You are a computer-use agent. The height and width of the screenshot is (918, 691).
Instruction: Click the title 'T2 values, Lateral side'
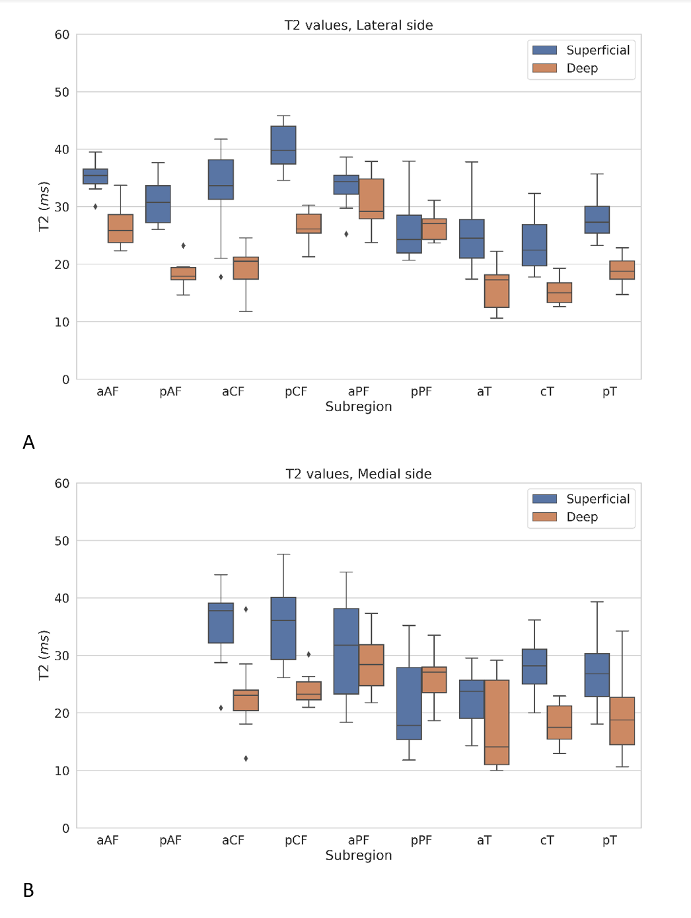359,25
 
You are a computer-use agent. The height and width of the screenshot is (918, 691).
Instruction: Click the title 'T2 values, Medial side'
359,474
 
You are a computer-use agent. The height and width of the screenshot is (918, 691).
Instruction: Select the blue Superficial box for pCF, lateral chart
283,145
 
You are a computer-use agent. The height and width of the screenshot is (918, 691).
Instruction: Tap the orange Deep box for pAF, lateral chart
183,274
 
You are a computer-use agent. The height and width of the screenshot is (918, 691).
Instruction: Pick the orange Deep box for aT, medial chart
497,722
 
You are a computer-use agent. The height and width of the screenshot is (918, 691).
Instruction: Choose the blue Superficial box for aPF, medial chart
346,651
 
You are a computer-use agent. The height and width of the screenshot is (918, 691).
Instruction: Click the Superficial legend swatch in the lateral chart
545,50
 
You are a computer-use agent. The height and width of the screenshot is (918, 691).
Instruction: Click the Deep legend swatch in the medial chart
545,517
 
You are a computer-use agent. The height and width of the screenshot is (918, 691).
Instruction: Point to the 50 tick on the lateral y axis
62,93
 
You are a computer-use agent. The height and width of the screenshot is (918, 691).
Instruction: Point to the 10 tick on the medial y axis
62,771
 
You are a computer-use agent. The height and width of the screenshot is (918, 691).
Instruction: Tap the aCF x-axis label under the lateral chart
233,391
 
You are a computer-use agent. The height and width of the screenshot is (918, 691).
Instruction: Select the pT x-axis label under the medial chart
609,840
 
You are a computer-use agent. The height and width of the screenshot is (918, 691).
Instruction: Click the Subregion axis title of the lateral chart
359,406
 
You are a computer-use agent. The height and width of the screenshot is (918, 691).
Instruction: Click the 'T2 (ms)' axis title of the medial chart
44,655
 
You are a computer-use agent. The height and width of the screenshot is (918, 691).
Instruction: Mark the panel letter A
28,442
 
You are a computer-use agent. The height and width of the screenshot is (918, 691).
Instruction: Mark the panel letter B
28,890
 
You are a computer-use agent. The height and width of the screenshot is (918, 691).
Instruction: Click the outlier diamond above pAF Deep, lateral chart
183,246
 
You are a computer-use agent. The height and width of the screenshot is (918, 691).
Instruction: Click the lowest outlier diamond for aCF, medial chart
246,758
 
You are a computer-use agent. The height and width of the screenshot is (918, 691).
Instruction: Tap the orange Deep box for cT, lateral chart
560,293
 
